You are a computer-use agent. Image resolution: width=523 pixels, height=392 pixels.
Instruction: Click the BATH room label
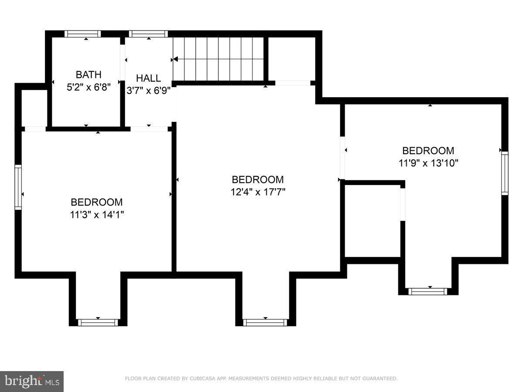88,74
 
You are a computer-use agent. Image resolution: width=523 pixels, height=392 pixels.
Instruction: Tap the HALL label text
148,78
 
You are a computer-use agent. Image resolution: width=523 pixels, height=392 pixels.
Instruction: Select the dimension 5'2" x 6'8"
88,87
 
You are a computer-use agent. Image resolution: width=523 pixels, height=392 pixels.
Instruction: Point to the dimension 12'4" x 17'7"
258,192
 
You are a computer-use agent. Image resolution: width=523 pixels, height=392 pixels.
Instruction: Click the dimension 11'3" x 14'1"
97,214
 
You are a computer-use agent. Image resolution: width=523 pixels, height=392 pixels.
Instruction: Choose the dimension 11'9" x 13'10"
428,163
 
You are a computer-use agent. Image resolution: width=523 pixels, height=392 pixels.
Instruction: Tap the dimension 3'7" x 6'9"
148,91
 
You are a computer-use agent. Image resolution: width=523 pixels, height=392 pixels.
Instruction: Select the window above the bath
83,34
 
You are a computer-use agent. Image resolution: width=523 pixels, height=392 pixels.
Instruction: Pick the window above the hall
148,34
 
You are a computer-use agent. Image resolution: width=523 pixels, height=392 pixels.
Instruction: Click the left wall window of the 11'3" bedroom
18,187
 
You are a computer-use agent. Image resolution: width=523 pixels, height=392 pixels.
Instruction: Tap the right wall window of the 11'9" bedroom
505,173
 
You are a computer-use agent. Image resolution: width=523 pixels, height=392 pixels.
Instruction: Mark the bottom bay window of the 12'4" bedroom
265,322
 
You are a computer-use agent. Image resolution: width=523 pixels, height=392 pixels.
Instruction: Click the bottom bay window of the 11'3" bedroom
98,322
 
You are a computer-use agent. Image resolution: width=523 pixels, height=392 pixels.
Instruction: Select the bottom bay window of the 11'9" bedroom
428,291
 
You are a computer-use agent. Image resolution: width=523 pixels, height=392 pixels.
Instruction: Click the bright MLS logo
32,381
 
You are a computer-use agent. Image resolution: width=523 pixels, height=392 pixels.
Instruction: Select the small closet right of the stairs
291,59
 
